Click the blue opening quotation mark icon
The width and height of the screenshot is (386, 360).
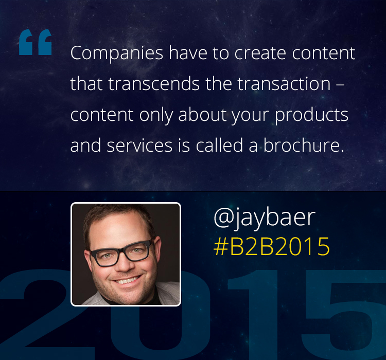tap(36, 42)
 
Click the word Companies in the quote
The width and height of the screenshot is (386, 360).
tap(117, 53)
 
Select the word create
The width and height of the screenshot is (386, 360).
tap(260, 53)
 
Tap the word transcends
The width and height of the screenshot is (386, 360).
tap(154, 84)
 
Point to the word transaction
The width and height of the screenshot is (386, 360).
tap(284, 84)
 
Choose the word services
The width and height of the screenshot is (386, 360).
tap(139, 146)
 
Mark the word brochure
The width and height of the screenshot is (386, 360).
tap(303, 145)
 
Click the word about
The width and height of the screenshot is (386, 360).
tap(202, 115)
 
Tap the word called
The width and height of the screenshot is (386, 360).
tap(220, 145)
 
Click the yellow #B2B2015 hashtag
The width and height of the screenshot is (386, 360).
tap(272, 246)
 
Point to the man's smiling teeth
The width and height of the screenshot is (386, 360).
tap(127, 280)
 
